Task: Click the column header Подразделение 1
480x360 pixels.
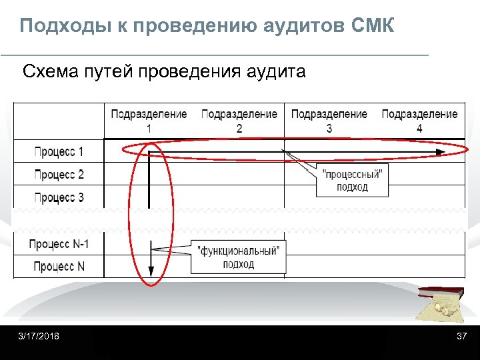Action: click(149, 121)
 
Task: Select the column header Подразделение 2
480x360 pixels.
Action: click(239, 121)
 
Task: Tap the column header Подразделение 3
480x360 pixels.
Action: click(329, 121)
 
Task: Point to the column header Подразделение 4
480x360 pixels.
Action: click(419, 121)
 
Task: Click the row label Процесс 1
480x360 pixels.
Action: click(59, 151)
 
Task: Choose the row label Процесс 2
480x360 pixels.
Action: click(59, 175)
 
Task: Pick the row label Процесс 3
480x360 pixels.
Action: click(59, 197)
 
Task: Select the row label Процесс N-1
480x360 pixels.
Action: click(59, 244)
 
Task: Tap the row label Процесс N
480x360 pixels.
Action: click(59, 267)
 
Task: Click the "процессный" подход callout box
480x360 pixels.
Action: click(352, 180)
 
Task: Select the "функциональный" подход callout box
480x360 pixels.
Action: click(239, 257)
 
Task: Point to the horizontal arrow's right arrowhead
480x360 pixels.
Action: click(440, 152)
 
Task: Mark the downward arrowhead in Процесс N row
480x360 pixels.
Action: click(151, 271)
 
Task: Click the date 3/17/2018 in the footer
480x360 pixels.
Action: click(38, 336)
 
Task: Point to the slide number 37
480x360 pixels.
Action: click(461, 336)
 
